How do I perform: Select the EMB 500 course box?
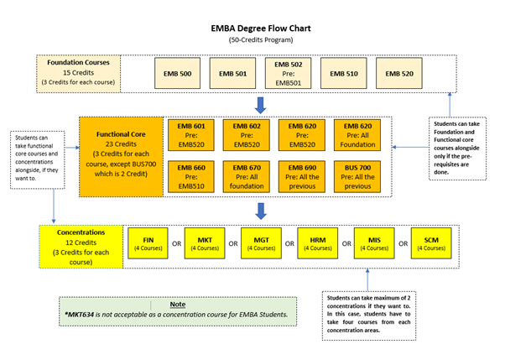(179, 74)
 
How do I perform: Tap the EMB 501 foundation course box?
(232, 74)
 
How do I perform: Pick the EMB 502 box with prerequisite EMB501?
(288, 74)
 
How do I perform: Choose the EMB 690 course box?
(303, 175)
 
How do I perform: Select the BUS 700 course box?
(359, 175)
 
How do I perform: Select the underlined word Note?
(177, 304)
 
